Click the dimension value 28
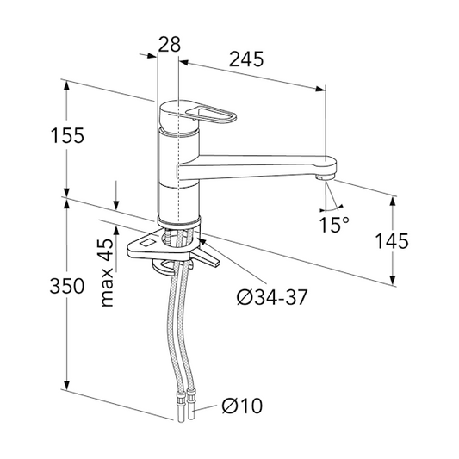[x=170, y=44]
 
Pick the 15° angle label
[x=334, y=226]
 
